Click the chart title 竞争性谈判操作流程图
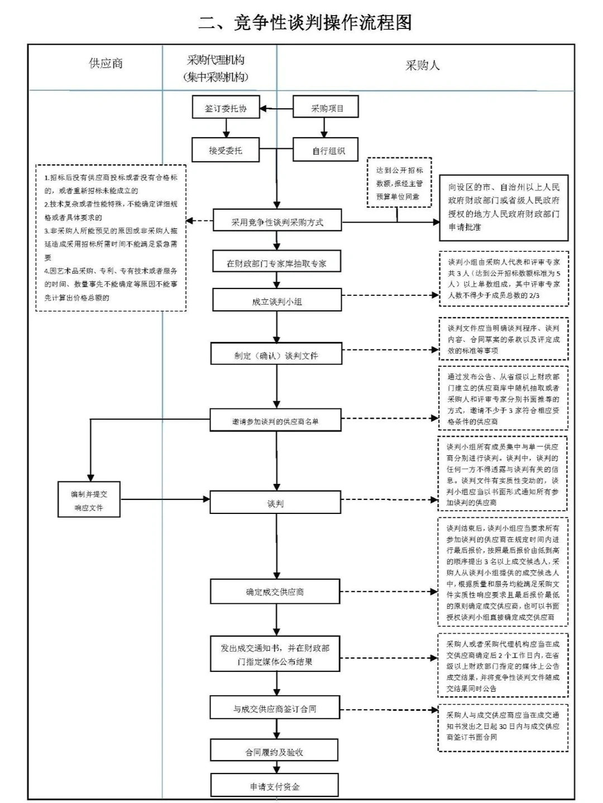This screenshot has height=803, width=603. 306,22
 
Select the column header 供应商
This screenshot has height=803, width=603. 106,64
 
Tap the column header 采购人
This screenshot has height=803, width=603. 422,66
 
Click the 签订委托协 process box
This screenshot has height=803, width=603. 226,108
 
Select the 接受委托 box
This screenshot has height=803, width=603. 226,150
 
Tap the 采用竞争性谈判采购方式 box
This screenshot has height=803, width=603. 277,222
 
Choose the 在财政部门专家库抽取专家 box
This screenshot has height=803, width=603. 276,262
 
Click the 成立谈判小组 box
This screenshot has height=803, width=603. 276,301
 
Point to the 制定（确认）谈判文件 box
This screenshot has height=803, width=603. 276,355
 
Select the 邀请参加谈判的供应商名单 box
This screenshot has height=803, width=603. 276,421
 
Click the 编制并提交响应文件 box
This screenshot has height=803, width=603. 89,501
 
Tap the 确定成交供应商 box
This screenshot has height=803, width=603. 275,592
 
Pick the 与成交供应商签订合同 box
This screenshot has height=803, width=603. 275,708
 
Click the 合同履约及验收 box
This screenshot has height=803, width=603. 274,751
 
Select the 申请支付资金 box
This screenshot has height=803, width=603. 274,786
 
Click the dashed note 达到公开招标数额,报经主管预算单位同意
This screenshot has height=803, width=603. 399,182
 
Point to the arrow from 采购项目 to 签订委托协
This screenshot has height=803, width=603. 276,108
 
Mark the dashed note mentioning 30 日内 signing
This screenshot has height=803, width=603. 502,725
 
